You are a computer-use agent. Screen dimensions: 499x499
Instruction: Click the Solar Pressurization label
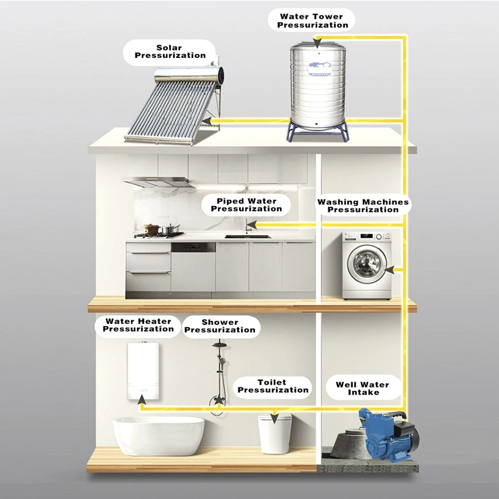pyautogui.click(x=170, y=52)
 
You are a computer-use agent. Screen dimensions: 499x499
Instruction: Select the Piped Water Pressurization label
pyautogui.click(x=246, y=205)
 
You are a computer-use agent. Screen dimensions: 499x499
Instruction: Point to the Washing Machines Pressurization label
pyautogui.click(x=363, y=206)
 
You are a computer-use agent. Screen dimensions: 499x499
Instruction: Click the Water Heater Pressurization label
pyautogui.click(x=138, y=325)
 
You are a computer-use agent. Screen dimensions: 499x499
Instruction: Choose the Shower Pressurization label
pyautogui.click(x=220, y=326)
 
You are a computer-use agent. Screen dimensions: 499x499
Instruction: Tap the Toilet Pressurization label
pyautogui.click(x=272, y=386)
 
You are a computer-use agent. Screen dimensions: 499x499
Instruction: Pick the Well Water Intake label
pyautogui.click(x=362, y=389)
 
